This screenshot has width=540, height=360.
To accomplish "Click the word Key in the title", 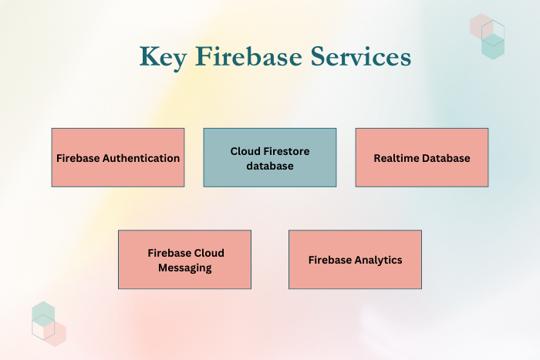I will pyautogui.click(x=161, y=57).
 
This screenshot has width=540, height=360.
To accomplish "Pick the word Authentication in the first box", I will pyautogui.click(x=141, y=158).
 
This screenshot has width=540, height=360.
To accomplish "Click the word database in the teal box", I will pyautogui.click(x=270, y=166).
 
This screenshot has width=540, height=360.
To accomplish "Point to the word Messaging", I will pyautogui.click(x=184, y=267).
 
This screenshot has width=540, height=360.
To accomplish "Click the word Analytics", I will pyautogui.click(x=378, y=260).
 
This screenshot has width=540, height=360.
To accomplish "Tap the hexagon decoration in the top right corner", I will pyautogui.click(x=488, y=35).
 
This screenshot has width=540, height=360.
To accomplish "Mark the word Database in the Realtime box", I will pyautogui.click(x=446, y=158).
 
